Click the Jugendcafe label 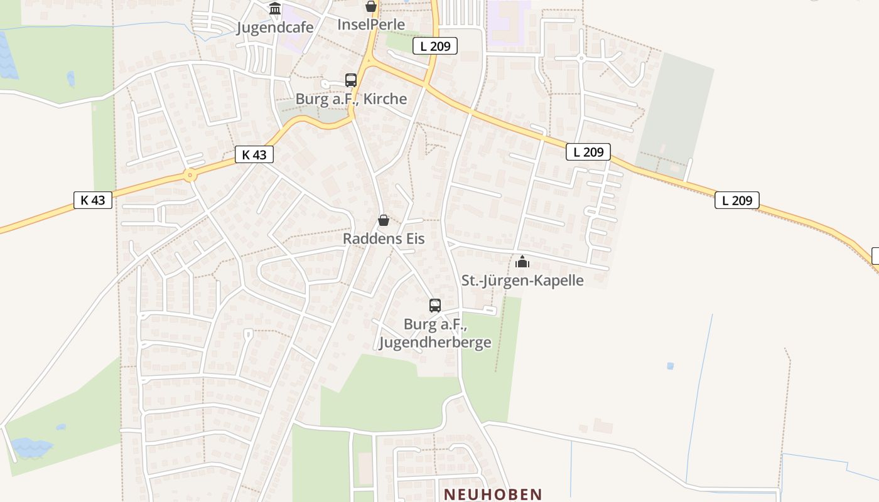274,28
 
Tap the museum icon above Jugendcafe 275,9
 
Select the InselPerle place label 370,24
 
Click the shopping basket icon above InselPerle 371,6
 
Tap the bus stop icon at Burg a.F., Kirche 351,80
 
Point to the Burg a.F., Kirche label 351,99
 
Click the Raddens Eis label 383,238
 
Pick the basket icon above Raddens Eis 384,220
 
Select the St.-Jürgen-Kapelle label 522,280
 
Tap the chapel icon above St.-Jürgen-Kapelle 522,262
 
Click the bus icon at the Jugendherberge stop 435,306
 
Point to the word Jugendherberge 434,343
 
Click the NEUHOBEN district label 493,494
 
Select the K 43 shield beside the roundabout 254,154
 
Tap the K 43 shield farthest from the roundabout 93,200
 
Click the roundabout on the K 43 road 190,175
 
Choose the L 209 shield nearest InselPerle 435,45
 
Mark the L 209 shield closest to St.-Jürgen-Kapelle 588,151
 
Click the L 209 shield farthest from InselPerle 737,200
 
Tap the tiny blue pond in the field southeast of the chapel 671,366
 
